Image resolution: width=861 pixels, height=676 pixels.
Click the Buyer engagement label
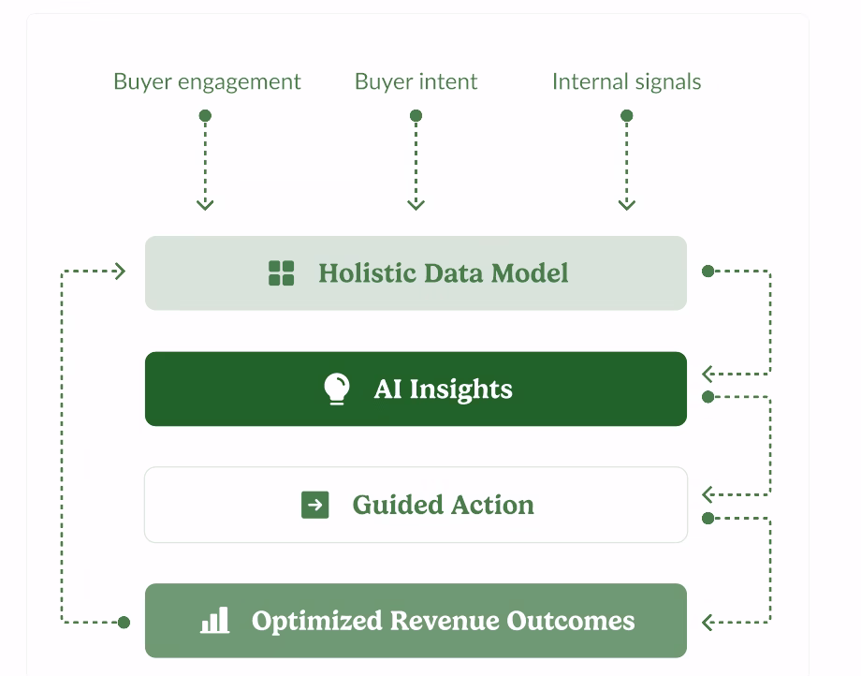[207, 81]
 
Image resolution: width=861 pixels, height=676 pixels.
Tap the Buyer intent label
[416, 81]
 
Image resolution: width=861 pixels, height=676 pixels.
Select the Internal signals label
[626, 81]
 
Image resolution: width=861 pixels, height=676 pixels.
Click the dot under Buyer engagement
[205, 115]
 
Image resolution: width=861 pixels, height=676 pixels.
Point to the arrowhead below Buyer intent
[416, 205]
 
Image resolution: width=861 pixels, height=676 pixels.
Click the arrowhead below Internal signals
[626, 205]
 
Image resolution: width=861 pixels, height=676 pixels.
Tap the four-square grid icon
[281, 272]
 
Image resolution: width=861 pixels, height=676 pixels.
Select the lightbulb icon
[337, 389]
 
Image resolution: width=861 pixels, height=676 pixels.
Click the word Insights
[460, 389]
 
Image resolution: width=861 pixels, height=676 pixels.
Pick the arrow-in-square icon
[315, 505]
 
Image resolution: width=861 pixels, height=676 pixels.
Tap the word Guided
[398, 505]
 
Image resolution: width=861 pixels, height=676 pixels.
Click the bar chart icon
[214, 620]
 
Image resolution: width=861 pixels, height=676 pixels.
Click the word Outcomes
[571, 621]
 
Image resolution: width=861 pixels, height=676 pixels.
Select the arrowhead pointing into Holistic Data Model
[120, 271]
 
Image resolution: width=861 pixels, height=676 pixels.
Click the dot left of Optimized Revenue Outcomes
[124, 623]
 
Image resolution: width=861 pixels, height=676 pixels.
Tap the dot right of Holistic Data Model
[708, 271]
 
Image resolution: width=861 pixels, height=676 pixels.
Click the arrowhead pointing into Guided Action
[708, 494]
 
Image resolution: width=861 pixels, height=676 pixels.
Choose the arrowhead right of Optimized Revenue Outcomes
[708, 623]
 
